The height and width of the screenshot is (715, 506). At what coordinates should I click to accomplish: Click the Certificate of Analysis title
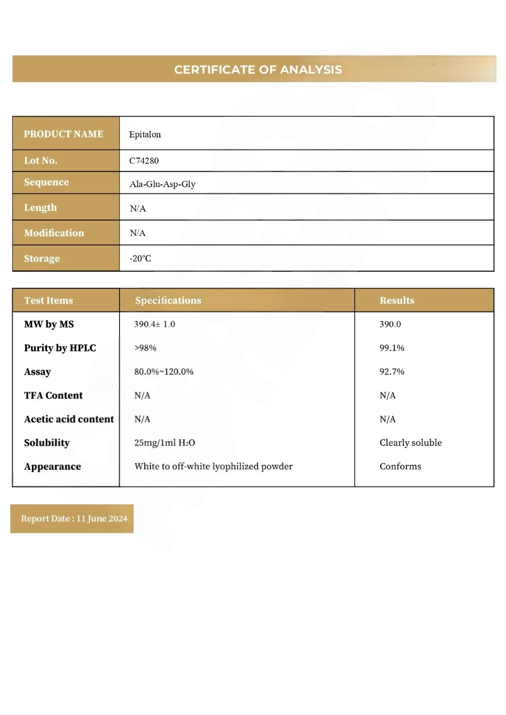point(258,70)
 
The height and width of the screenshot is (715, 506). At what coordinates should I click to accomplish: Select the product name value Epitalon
point(145,134)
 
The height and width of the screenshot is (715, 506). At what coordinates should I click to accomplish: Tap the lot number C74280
point(144,161)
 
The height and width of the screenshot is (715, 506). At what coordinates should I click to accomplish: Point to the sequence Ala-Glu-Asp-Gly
point(162,184)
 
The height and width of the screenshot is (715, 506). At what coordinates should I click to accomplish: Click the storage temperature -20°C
point(140,259)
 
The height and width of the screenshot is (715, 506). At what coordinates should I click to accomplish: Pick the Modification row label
point(54,233)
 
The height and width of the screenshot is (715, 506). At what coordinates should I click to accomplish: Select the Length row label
point(40,208)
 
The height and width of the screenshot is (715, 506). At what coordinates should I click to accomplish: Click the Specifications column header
point(168,301)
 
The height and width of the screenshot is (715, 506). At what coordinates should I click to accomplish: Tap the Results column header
point(397,301)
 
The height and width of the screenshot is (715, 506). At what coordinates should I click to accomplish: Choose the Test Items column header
point(49,301)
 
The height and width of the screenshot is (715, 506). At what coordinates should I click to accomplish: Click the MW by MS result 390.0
point(390,325)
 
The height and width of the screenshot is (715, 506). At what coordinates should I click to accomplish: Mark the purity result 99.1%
point(392,348)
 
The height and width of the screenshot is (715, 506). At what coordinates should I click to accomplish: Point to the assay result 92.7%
point(392,371)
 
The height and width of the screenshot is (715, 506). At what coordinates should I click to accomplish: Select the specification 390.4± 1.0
point(155,325)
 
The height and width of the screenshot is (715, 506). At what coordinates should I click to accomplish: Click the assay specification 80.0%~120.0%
point(164,371)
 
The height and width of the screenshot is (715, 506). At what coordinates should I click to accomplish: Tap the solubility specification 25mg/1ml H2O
point(164,443)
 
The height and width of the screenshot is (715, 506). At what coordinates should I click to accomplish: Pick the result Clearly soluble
point(410,443)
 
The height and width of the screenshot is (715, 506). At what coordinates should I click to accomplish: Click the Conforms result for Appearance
point(400,466)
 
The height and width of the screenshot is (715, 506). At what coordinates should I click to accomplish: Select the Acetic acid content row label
point(69,419)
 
